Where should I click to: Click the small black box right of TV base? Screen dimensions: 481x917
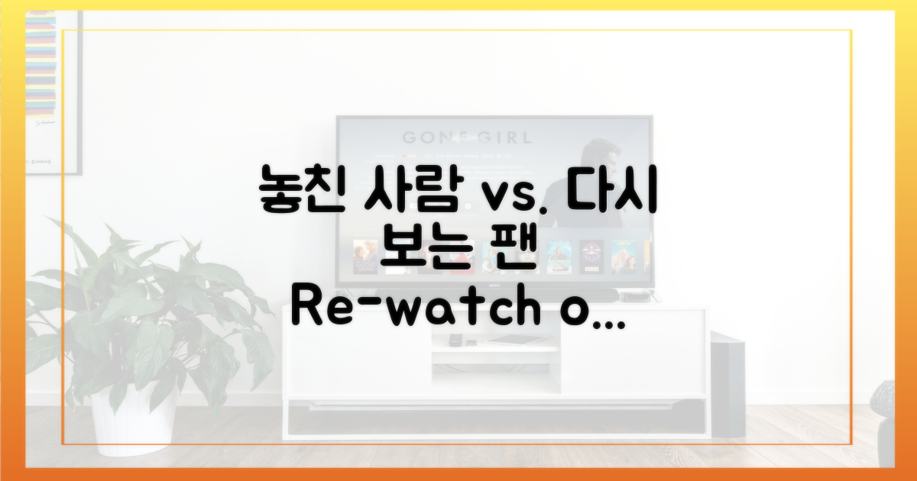click(x=633, y=296)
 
